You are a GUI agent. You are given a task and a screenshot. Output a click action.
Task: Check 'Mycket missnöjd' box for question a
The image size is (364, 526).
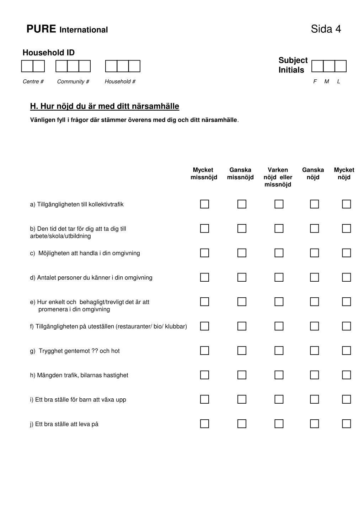204,204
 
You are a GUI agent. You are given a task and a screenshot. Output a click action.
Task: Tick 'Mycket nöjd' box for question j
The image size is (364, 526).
346,424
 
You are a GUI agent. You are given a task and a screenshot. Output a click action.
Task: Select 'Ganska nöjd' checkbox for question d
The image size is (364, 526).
314,277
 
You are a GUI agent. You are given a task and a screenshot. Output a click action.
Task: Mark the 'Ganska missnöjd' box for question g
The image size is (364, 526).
242,351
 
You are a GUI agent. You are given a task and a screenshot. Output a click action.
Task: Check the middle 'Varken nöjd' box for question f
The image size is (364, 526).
279,326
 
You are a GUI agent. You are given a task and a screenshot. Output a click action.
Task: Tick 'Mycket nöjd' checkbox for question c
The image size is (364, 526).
346,253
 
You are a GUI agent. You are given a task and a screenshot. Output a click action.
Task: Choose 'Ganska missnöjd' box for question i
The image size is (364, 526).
242,399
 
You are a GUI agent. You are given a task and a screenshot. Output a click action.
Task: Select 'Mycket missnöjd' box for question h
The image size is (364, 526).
204,375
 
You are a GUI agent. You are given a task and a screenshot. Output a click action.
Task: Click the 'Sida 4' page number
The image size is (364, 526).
326,29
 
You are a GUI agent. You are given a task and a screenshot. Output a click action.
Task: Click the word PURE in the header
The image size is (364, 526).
41,29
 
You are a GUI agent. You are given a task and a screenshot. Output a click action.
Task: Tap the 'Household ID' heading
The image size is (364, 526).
49,53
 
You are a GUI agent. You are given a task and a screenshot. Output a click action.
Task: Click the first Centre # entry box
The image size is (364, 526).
27,66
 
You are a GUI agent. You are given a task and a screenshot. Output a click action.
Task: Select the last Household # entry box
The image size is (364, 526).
134,66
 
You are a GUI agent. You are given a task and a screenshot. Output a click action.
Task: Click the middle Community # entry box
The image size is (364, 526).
73,66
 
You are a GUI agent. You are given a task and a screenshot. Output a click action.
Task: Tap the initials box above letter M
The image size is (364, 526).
329,66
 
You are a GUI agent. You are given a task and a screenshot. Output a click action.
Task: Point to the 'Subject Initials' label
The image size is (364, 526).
293,65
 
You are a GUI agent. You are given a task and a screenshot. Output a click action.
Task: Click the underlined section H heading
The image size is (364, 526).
105,106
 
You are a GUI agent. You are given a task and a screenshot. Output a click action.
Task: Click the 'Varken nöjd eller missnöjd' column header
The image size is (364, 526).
278,177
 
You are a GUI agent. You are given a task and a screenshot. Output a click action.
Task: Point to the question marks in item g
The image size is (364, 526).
95,351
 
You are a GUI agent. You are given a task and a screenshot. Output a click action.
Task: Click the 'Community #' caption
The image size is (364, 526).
73,81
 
